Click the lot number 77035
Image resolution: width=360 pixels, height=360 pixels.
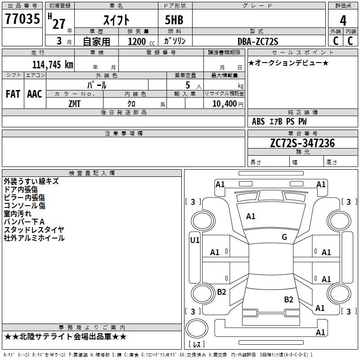tap(22, 18)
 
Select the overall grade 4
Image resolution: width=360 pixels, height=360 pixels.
tap(343, 21)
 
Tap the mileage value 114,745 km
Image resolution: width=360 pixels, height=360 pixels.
tap(53, 65)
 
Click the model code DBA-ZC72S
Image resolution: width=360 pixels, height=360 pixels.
tap(258, 41)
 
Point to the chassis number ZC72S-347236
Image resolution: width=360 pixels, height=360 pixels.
tap(302, 143)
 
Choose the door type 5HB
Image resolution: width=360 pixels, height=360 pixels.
tap(174, 20)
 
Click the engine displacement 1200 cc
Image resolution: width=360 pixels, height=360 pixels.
tap(141, 41)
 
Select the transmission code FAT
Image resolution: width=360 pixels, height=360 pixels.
tap(13, 94)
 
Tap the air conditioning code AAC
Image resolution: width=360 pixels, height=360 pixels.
tap(35, 94)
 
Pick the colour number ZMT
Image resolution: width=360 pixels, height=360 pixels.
tap(74, 104)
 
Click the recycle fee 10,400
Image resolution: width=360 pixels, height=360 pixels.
tap(225, 104)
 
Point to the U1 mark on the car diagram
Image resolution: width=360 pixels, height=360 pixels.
tap(195, 240)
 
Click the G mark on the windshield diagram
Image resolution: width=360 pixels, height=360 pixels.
tap(284, 237)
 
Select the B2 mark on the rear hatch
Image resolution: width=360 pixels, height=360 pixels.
tap(288, 300)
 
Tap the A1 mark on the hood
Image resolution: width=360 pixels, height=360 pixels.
tap(251, 216)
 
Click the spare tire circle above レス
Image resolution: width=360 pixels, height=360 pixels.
tap(197, 328)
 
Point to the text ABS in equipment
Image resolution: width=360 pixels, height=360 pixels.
tap(258, 121)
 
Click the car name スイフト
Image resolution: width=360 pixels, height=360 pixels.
tap(117, 20)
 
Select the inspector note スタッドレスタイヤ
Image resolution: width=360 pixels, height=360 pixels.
tap(34, 229)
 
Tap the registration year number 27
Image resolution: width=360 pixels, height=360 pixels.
tap(59, 24)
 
